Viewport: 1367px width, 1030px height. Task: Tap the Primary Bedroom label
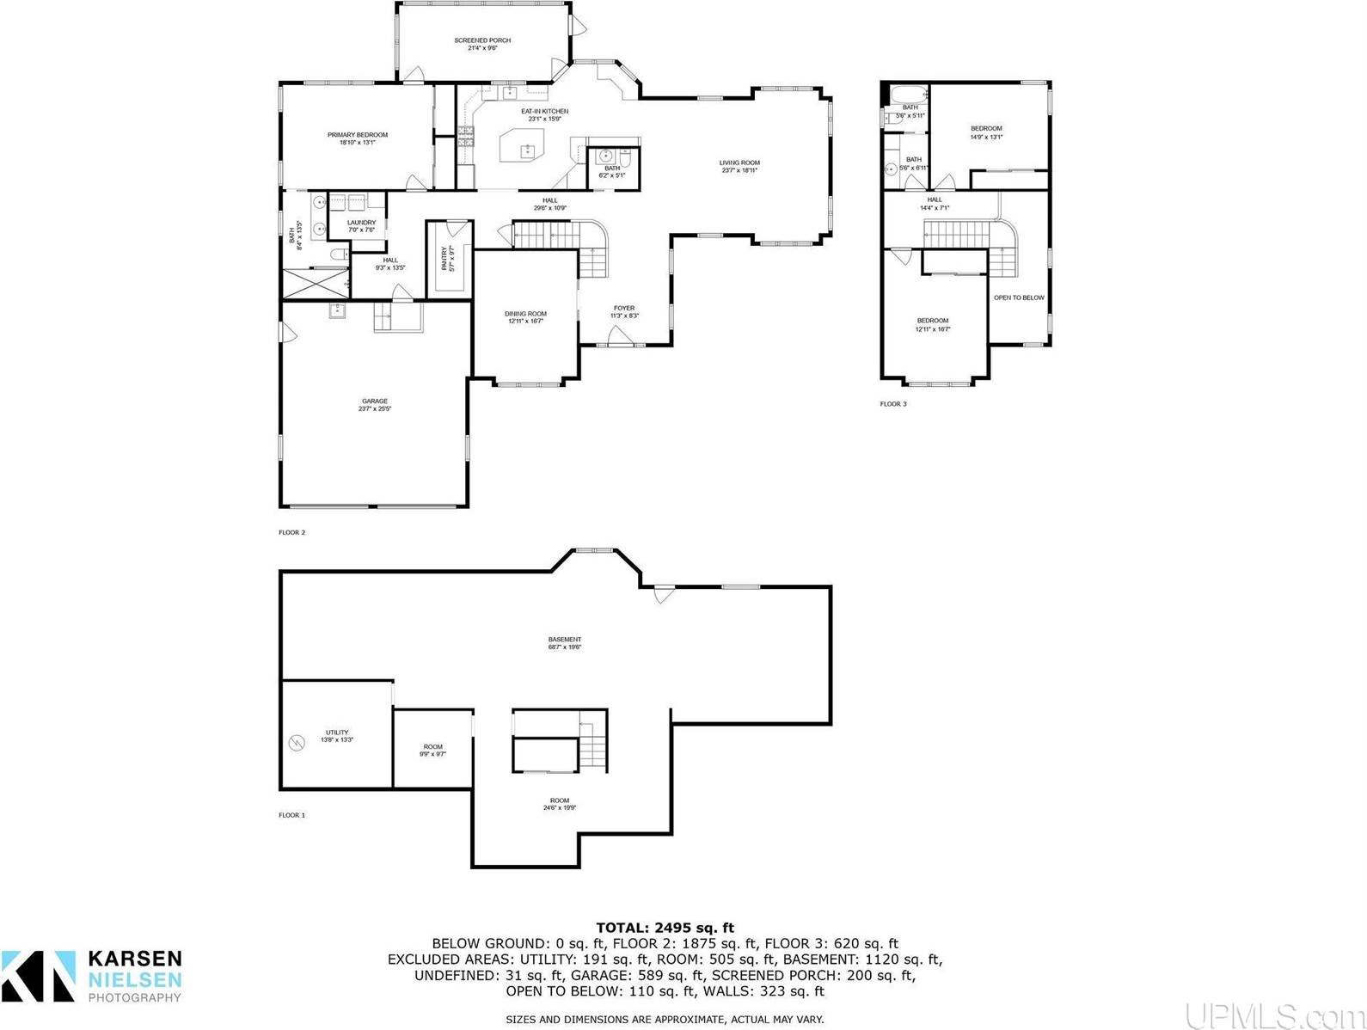tap(357, 138)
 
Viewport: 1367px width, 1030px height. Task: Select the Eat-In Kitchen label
tap(544, 114)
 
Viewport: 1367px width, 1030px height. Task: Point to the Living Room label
tap(739, 166)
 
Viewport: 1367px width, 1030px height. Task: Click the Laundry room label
tap(361, 226)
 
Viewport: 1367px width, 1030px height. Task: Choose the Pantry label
tap(448, 259)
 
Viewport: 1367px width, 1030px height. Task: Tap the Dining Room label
tap(525, 317)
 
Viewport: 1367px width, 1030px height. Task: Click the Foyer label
tap(623, 311)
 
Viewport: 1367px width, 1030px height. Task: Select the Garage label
tap(374, 404)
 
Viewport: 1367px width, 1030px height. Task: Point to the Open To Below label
tap(1019, 297)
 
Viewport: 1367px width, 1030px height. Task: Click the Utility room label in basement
tap(336, 735)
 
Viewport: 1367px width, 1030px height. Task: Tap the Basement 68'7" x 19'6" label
tap(565, 643)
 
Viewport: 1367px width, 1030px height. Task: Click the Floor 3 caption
tap(892, 403)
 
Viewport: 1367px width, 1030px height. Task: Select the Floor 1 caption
tap(291, 814)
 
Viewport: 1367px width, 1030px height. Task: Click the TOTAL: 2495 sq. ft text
tap(665, 927)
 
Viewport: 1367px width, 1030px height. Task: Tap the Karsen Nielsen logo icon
tap(38, 975)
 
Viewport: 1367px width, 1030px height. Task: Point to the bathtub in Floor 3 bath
tap(908, 95)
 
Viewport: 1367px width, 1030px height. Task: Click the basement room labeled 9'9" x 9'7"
tap(432, 750)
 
